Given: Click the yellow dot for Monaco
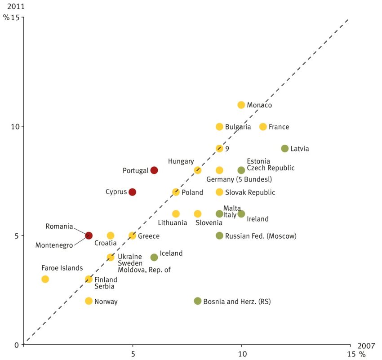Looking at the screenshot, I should click(x=241, y=105).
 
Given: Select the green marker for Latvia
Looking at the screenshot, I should click(x=285, y=148).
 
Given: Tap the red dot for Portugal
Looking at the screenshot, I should click(x=154, y=170).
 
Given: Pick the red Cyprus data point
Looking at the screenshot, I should click(x=132, y=192).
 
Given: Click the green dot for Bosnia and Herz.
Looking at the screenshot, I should click(x=198, y=301).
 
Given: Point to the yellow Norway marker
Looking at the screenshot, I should click(x=89, y=301).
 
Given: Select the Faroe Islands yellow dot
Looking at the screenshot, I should click(x=45, y=279).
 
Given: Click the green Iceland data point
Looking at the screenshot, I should click(x=154, y=258).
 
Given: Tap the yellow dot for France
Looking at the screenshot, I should click(x=263, y=127).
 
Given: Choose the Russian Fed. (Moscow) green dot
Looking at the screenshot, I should click(x=219, y=236).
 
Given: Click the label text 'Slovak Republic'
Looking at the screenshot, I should click(x=250, y=192).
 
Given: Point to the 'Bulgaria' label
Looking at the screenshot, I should click(x=238, y=127).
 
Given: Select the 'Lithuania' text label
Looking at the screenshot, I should click(x=172, y=222).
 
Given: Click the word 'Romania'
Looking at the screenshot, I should click(x=59, y=226).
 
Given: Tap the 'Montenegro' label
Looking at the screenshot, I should click(x=54, y=245).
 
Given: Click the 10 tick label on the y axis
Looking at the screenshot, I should click(x=15, y=126).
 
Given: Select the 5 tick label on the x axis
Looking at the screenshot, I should click(x=133, y=354).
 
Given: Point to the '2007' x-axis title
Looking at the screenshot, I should click(x=365, y=345).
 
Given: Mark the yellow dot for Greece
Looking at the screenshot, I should click(x=132, y=236).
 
